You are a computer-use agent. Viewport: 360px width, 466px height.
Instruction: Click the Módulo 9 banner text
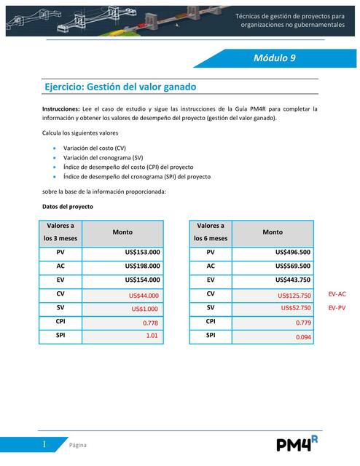[x=274, y=58]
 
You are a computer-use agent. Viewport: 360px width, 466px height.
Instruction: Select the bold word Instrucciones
[x=65, y=108]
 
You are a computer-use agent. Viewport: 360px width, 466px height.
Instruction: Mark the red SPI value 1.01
[x=152, y=336]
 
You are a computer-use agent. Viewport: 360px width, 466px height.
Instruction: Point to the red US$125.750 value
[x=294, y=295]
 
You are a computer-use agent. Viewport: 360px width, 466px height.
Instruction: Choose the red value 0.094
[x=303, y=337]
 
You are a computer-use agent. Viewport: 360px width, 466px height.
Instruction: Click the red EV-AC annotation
[x=337, y=294]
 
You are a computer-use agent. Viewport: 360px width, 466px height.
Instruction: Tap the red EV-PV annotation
[x=337, y=308]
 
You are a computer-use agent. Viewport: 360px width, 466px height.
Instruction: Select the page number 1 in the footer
[x=44, y=444]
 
